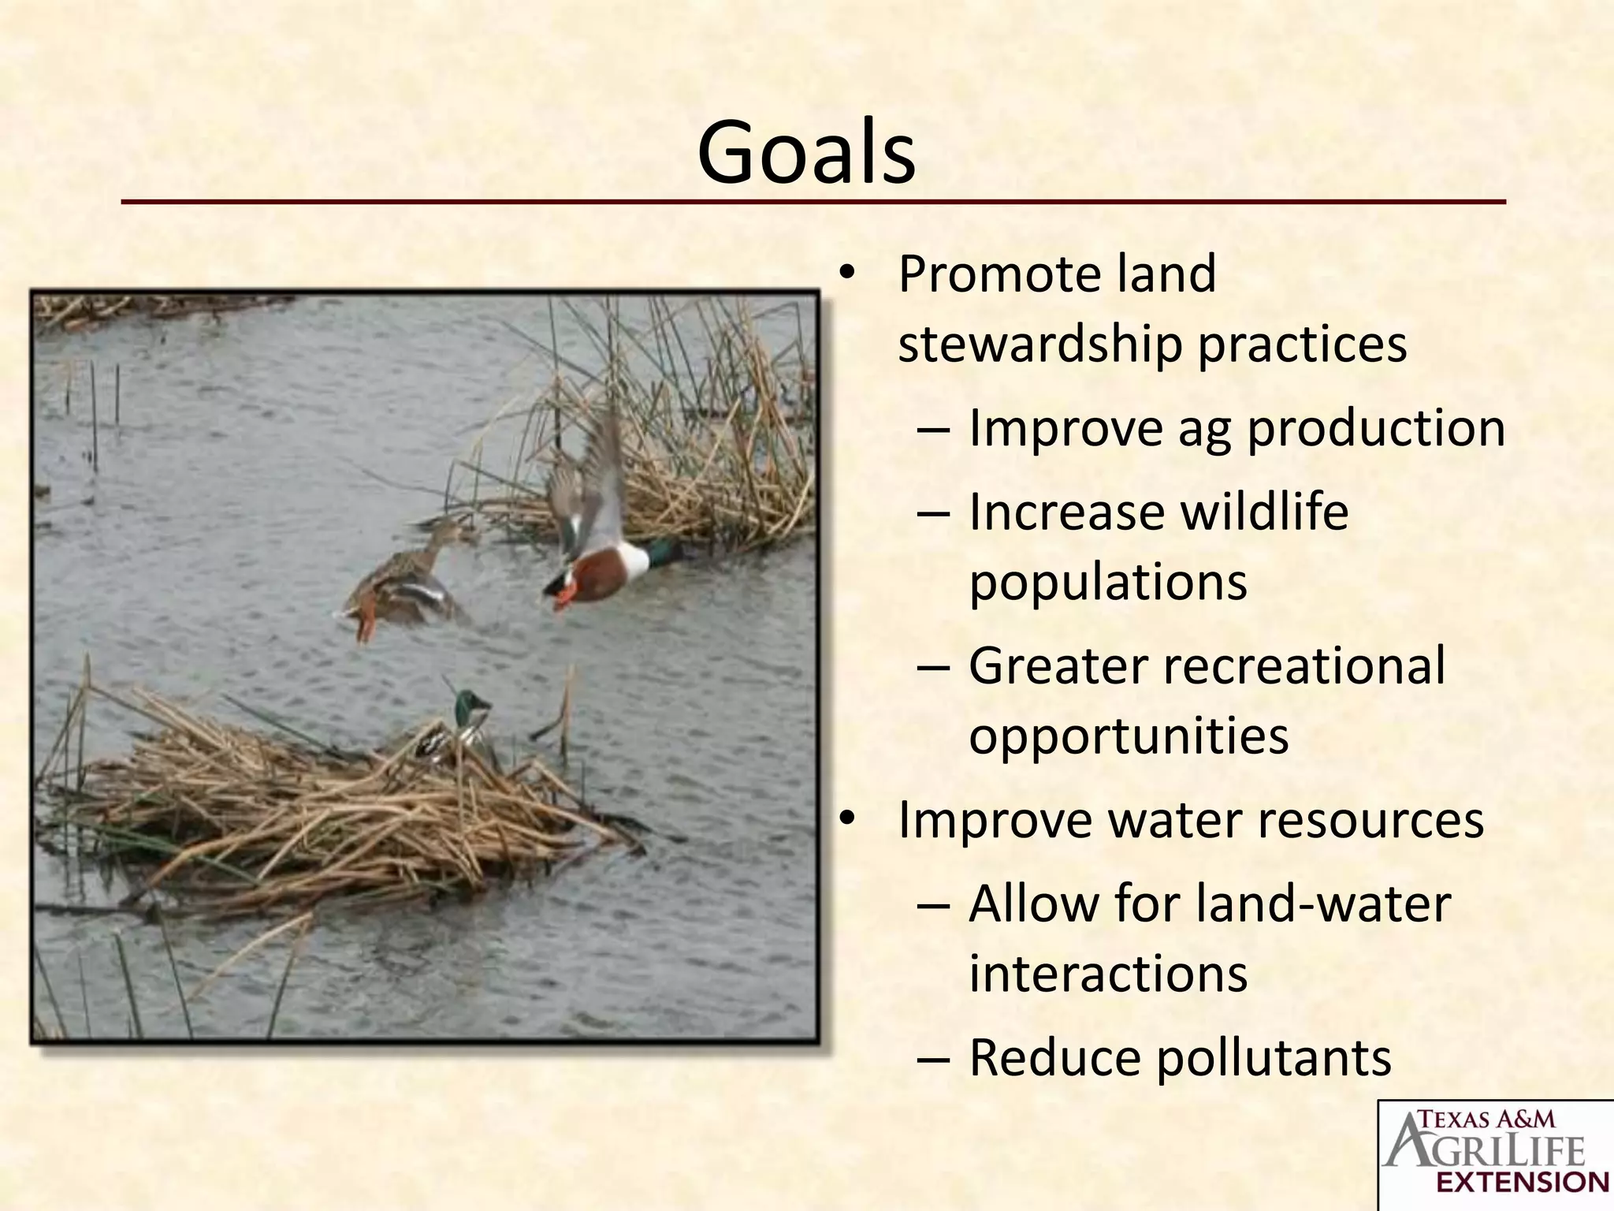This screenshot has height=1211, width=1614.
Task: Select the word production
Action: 1376,427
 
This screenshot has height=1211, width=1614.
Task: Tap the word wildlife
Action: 1264,512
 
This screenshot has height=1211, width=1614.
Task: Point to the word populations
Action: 1107,582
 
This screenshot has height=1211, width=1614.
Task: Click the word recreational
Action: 1303,665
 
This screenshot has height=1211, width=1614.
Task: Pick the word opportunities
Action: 1128,736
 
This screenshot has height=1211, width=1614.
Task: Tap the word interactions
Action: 1107,973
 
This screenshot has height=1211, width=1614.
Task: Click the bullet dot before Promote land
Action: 846,274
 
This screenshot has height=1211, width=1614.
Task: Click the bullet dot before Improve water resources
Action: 846,819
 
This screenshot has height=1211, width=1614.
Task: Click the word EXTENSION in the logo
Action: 1522,1182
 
